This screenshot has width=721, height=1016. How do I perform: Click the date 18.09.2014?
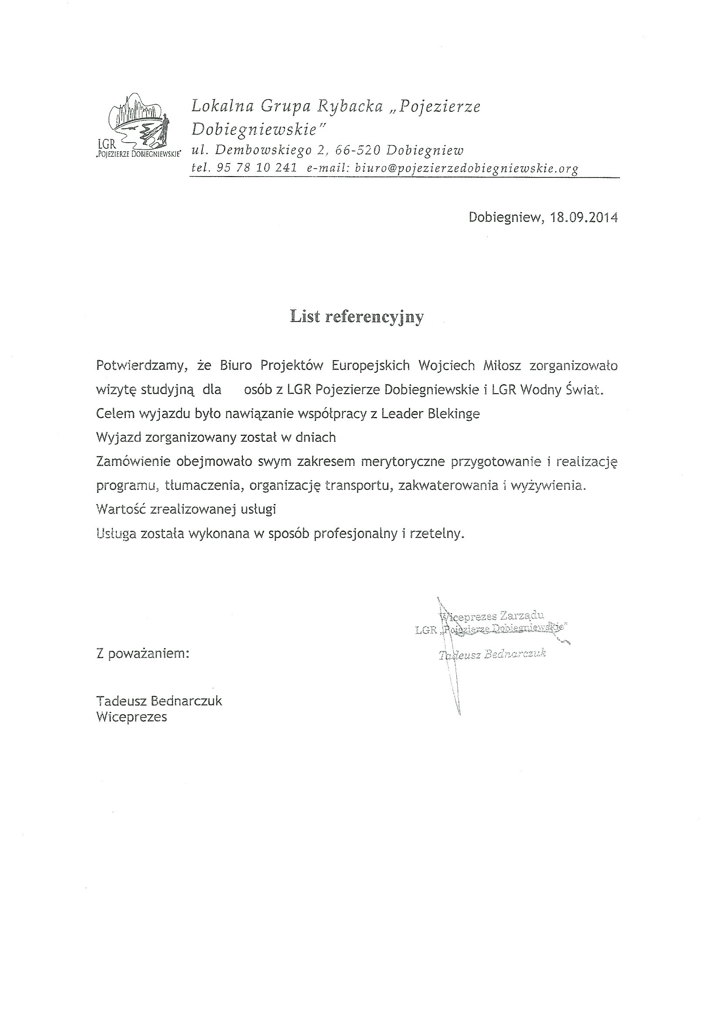click(x=584, y=217)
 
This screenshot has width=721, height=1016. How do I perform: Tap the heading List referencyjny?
click(x=357, y=317)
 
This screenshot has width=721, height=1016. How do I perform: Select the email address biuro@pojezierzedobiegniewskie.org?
click(x=467, y=168)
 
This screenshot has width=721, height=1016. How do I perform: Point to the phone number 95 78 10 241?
click(x=256, y=168)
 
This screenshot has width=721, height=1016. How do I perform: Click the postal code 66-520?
click(x=358, y=150)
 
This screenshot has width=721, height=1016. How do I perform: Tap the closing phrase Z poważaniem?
click(x=142, y=654)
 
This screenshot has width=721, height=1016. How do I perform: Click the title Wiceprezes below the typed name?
click(x=131, y=717)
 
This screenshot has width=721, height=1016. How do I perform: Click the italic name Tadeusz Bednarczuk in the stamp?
click(x=492, y=654)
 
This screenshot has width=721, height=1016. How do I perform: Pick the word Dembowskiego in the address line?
click(x=263, y=150)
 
